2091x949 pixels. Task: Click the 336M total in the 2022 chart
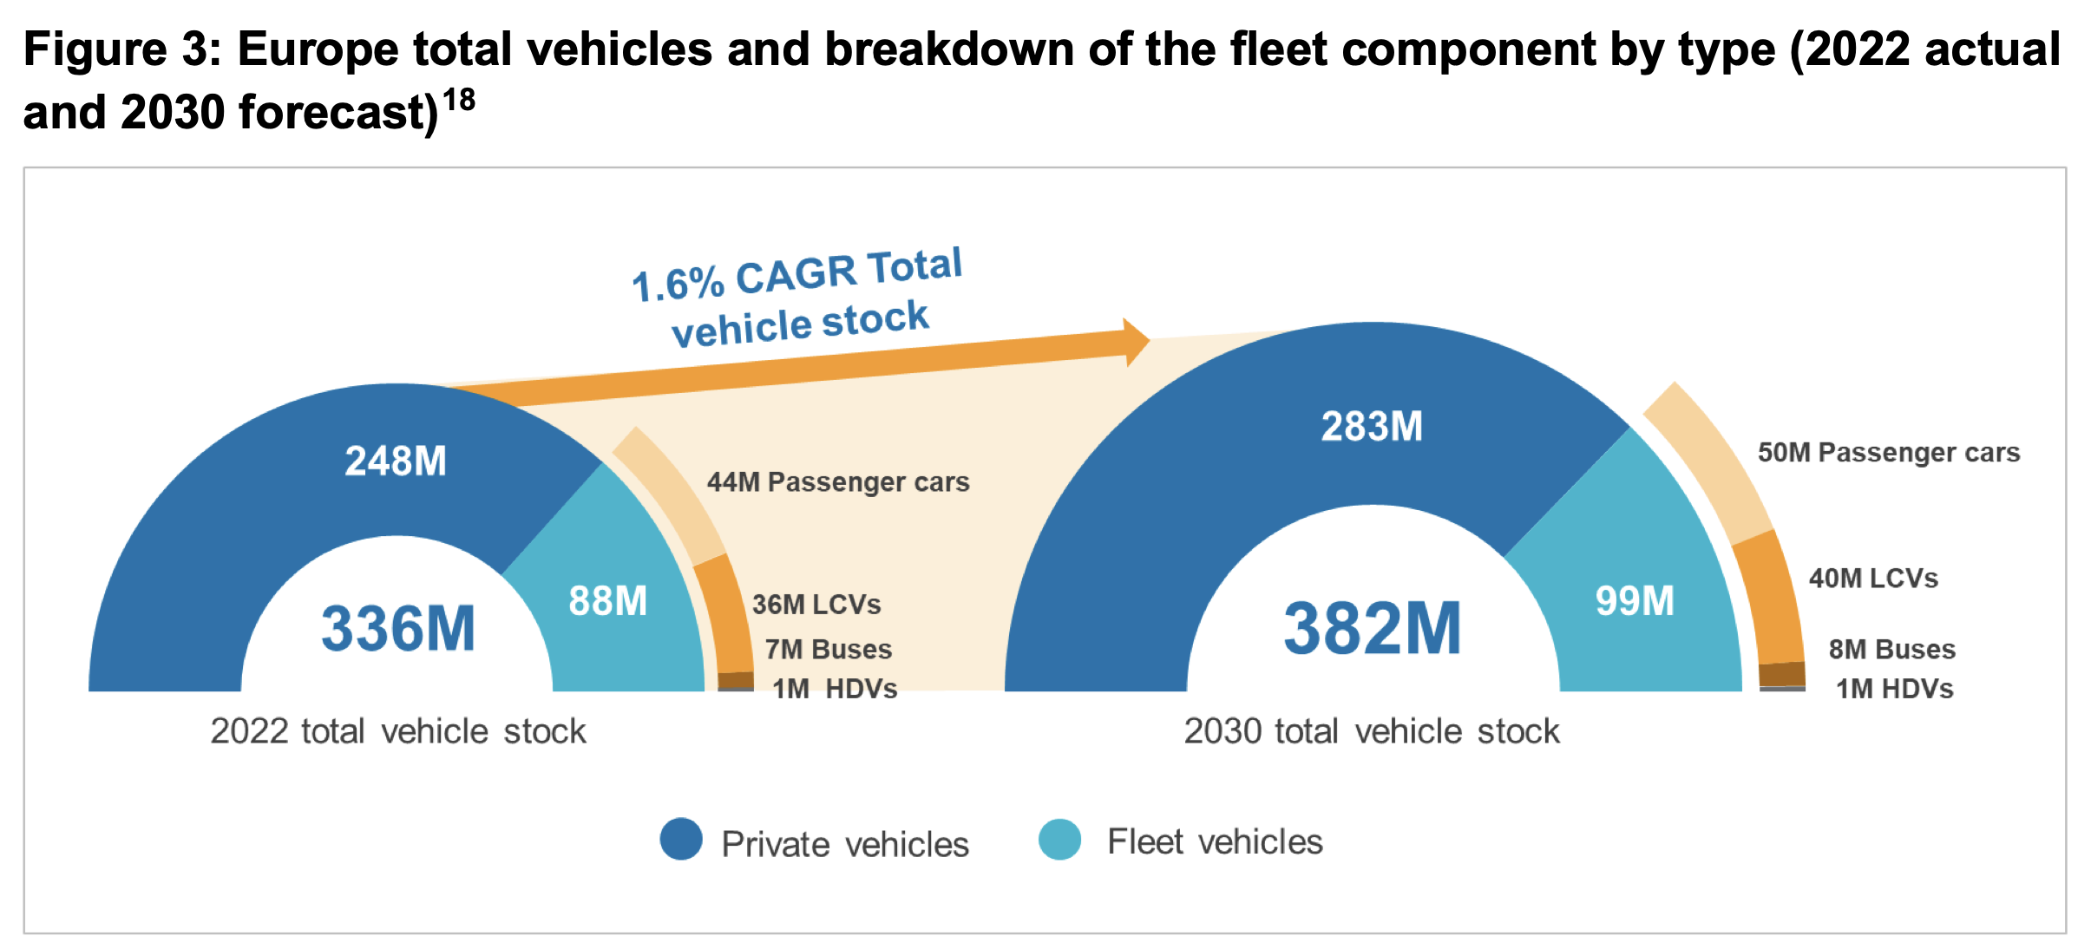click(x=398, y=628)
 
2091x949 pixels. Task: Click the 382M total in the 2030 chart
click(x=1373, y=628)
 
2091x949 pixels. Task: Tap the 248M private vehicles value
click(x=396, y=461)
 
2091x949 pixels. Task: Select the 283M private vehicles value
click(x=1372, y=426)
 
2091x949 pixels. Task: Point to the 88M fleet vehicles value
click(x=608, y=600)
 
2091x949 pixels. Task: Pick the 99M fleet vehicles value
click(x=1635, y=600)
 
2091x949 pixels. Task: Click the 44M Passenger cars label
click(x=837, y=481)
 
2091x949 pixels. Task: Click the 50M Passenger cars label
click(x=1888, y=452)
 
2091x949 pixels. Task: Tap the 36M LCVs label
click(x=816, y=604)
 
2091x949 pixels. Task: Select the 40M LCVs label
click(x=1872, y=578)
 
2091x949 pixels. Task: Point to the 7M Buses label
click(x=828, y=649)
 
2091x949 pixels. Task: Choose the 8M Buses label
click(x=1891, y=649)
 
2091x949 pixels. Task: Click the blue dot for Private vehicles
click(x=681, y=839)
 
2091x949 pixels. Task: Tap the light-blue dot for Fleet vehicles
click(x=1059, y=839)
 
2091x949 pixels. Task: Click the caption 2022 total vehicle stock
click(x=398, y=731)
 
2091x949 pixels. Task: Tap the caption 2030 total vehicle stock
click(x=1372, y=731)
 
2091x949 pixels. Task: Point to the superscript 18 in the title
click(x=459, y=101)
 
